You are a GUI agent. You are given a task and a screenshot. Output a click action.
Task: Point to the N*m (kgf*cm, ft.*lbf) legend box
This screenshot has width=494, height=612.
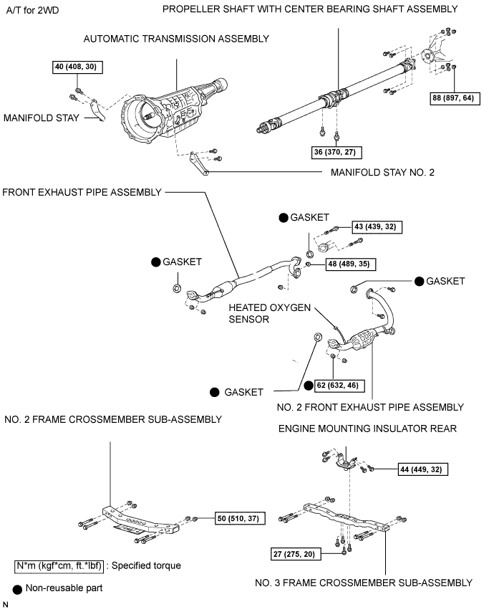click(60, 565)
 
